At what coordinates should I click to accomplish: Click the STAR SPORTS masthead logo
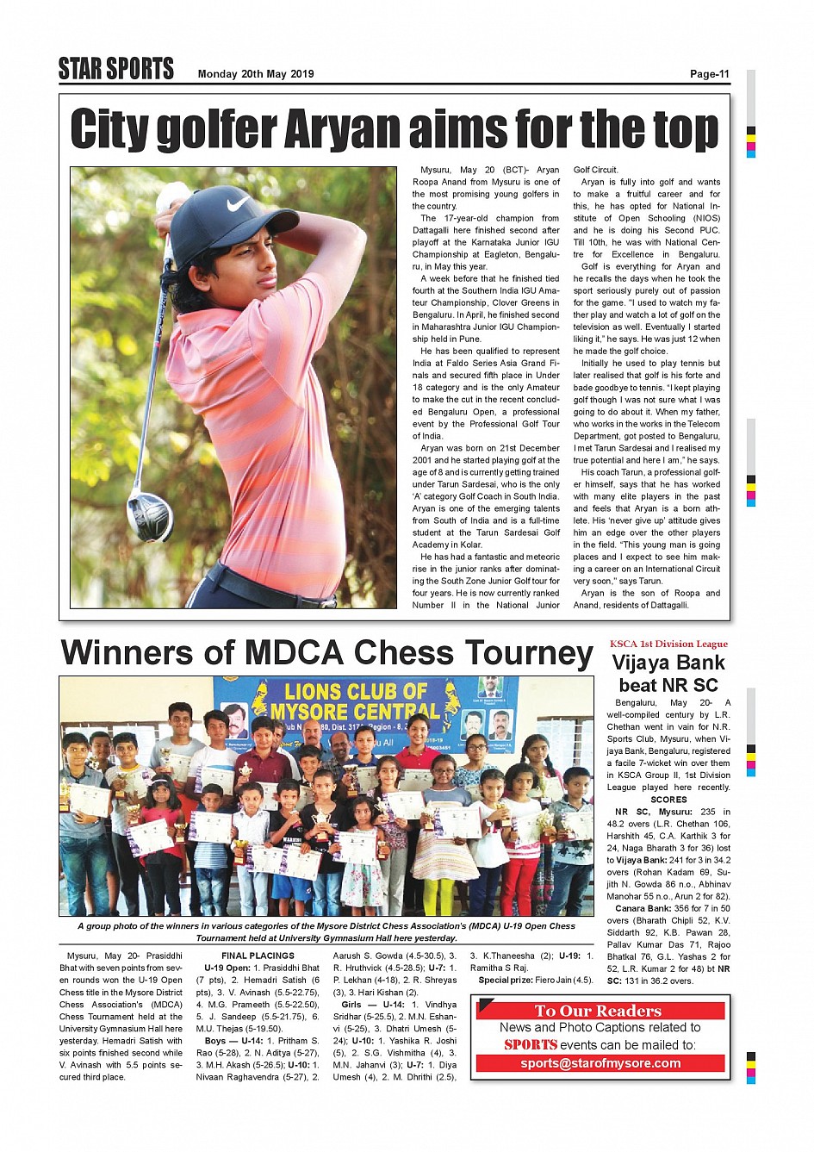coord(116,69)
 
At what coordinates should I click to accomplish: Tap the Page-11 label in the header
coord(709,74)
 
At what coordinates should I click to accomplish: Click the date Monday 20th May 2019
coord(256,74)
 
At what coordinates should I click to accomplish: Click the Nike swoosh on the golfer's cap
coord(238,204)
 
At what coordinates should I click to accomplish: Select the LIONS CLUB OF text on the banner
coord(356,691)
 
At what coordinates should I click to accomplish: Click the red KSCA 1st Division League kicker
coord(668,644)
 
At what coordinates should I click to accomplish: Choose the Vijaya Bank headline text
coord(668,663)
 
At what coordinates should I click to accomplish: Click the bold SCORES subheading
coord(668,800)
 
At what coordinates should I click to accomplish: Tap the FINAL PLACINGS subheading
coord(258,956)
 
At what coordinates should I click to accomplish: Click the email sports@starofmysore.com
coord(600,1063)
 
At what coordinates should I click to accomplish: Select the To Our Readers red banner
coord(599,1011)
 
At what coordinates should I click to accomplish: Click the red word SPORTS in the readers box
coord(531,1045)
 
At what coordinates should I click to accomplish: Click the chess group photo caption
coord(326,932)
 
